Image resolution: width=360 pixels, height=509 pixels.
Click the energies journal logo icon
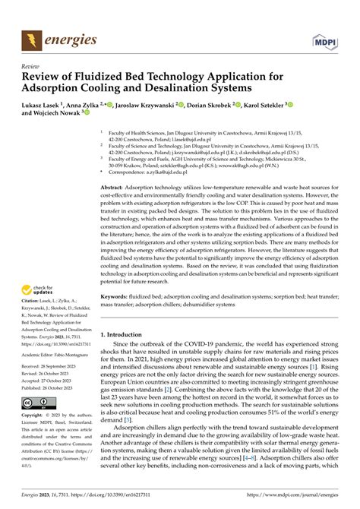pos(31,39)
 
